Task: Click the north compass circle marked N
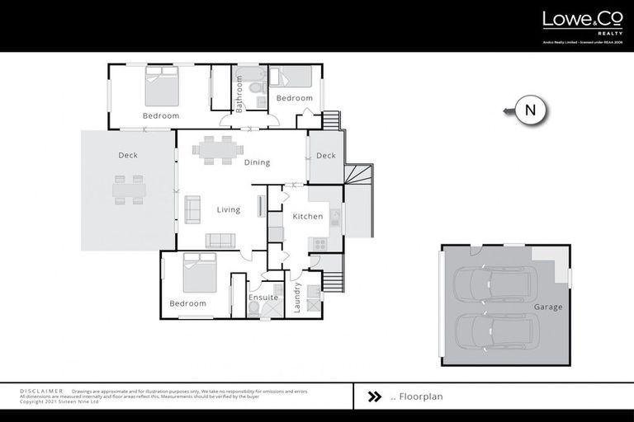click(x=531, y=110)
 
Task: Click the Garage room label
click(x=547, y=307)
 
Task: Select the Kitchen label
click(x=307, y=217)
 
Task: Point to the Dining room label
click(x=257, y=162)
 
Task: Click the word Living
click(x=229, y=209)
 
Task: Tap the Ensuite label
click(x=264, y=297)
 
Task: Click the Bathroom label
click(x=240, y=95)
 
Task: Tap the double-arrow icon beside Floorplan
click(x=374, y=396)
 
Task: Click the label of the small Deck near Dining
click(x=325, y=156)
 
